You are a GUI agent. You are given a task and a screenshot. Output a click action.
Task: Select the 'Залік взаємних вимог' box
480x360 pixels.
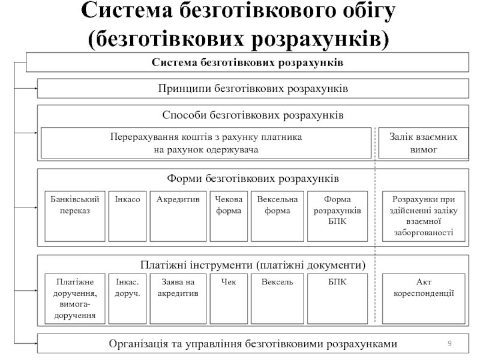424,143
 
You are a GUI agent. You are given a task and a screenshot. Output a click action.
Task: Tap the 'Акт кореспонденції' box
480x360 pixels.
424,298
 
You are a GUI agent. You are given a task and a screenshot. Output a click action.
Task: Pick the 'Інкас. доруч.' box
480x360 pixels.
128,298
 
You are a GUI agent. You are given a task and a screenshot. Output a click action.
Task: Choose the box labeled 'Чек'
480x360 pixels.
229,298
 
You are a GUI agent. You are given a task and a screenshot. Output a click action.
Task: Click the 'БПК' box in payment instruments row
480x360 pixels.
337,298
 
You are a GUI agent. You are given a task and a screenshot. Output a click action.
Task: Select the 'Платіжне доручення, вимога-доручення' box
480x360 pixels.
75,298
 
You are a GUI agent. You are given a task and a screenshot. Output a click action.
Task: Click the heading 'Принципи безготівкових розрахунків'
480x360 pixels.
253,88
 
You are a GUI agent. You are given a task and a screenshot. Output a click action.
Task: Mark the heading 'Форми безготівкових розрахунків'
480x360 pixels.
253,179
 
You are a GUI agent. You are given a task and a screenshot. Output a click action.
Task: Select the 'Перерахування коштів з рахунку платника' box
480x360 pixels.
206,143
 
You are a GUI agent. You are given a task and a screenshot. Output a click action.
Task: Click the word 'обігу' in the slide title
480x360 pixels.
364,12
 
